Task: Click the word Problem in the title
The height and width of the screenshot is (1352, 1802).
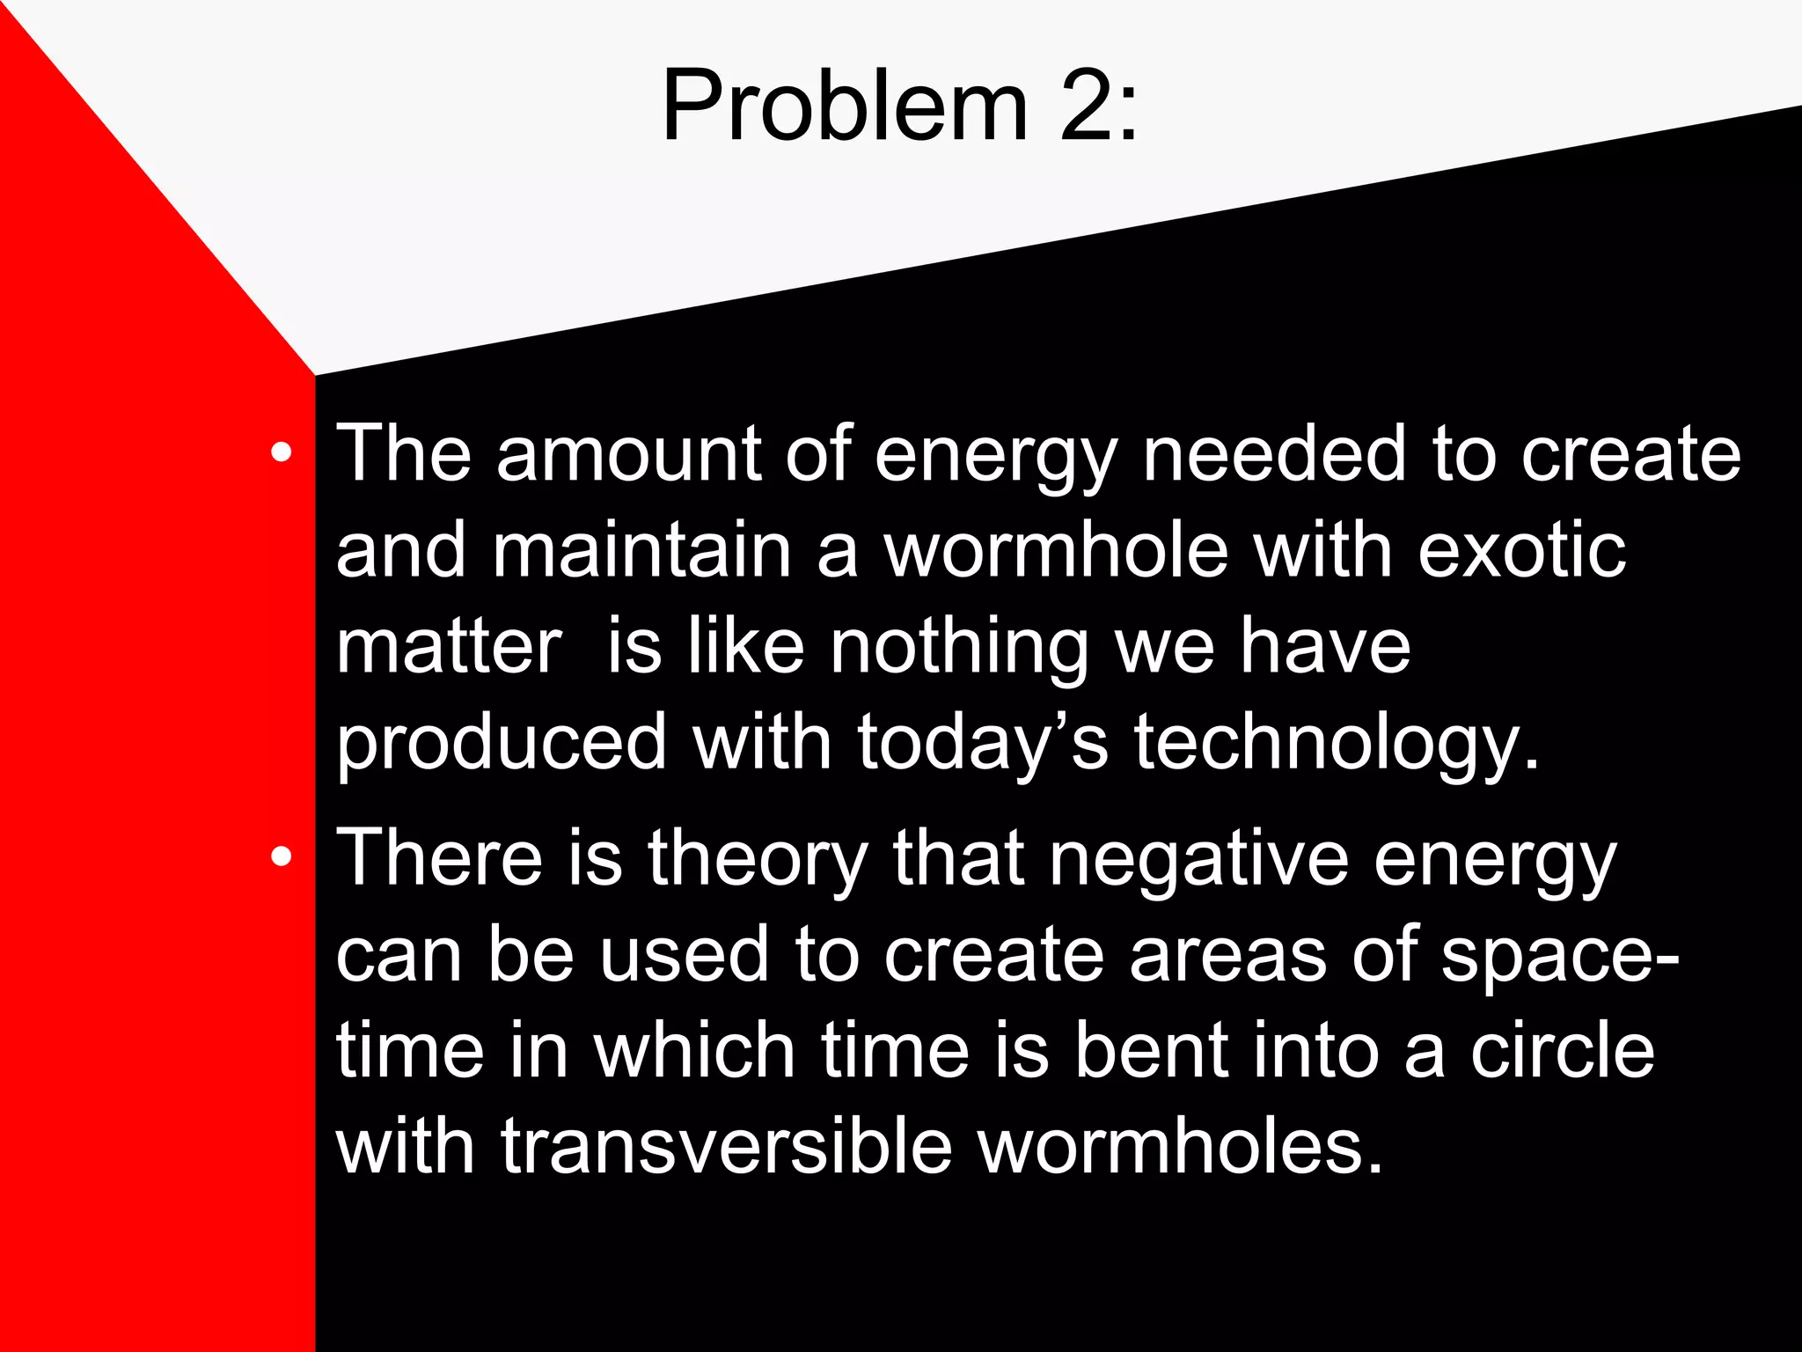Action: pyautogui.click(x=843, y=106)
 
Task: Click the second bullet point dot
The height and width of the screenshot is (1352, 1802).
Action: pyautogui.click(x=281, y=856)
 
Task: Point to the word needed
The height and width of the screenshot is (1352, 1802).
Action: pyautogui.click(x=1274, y=455)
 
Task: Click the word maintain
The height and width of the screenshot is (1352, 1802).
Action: pyautogui.click(x=642, y=552)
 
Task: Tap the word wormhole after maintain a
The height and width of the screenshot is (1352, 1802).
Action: pyautogui.click(x=1055, y=552)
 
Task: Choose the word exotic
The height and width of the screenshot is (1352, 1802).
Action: pyautogui.click(x=1521, y=552)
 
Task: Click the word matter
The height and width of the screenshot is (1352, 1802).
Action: pyautogui.click(x=449, y=648)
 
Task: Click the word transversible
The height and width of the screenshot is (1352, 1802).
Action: pyautogui.click(x=727, y=1148)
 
